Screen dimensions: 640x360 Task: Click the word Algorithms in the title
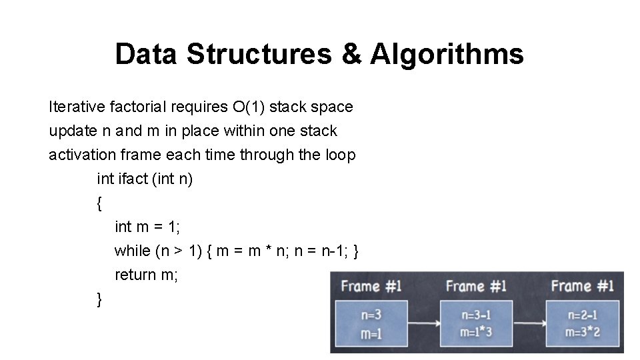pyautogui.click(x=447, y=54)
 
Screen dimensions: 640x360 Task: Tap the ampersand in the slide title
pyautogui.click(x=351, y=54)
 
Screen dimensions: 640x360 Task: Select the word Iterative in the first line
pyautogui.click(x=74, y=107)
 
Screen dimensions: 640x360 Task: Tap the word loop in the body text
pyautogui.click(x=340, y=155)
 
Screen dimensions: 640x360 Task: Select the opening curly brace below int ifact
pyautogui.click(x=100, y=203)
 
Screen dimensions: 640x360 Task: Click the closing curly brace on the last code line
pyautogui.click(x=100, y=299)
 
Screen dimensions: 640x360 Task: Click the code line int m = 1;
pyautogui.click(x=147, y=227)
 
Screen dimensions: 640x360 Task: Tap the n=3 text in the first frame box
pyautogui.click(x=371, y=315)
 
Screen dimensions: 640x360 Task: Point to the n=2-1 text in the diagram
pyautogui.click(x=582, y=315)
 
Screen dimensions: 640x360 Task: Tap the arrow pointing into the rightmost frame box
pyautogui.click(x=527, y=323)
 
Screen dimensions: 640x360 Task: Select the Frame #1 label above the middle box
pyautogui.click(x=476, y=287)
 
